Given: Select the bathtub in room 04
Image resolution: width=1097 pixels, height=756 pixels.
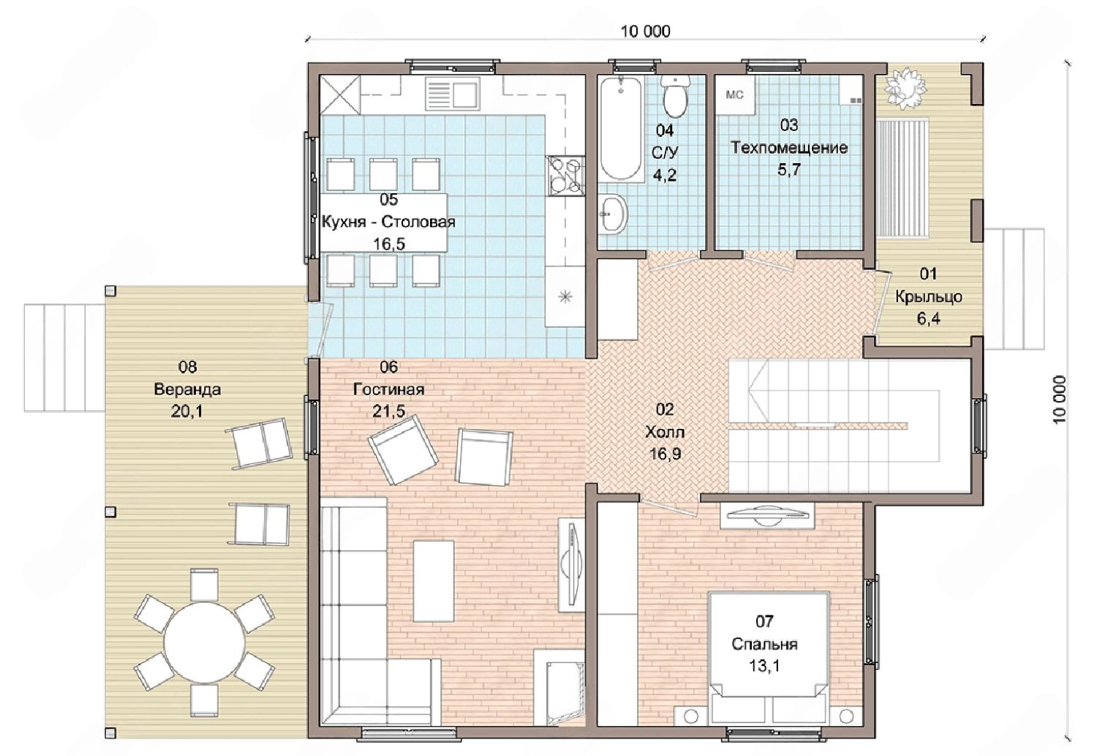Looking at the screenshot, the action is [620, 129].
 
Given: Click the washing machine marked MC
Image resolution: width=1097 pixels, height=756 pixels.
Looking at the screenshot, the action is [734, 95].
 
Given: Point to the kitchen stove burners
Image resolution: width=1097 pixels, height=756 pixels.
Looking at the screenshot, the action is [566, 176].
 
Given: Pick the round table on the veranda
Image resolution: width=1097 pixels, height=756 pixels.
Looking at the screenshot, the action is [205, 643].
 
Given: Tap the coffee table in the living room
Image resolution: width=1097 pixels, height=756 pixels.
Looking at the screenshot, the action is [434, 581].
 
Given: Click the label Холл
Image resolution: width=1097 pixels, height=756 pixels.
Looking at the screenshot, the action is [665, 432].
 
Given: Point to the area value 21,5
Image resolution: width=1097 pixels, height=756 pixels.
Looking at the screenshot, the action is [389, 411].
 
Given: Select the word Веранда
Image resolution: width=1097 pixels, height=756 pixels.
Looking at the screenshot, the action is [187, 389].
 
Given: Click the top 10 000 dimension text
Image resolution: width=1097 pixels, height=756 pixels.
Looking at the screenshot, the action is [646, 31].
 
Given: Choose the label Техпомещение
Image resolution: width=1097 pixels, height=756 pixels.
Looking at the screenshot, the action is [789, 148].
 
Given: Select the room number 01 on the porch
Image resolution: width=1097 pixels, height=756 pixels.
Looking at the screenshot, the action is [928, 274].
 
